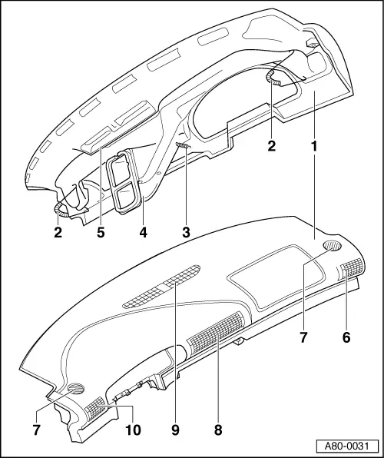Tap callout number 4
pyautogui.click(x=141, y=231)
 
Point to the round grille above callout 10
pyautogui.click(x=77, y=388)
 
